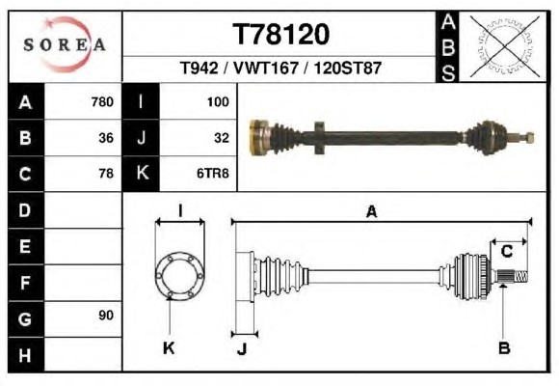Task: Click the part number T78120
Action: tap(280, 35)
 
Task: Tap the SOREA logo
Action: tap(65, 44)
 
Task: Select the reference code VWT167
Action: tap(266, 68)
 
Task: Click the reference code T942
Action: tap(199, 68)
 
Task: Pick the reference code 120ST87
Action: tap(348, 68)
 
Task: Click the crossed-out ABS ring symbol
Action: tap(504, 46)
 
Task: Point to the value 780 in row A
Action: tap(102, 102)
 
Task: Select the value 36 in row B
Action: tap(106, 138)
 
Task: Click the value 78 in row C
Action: tap(106, 174)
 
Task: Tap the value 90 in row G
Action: tap(106, 316)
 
